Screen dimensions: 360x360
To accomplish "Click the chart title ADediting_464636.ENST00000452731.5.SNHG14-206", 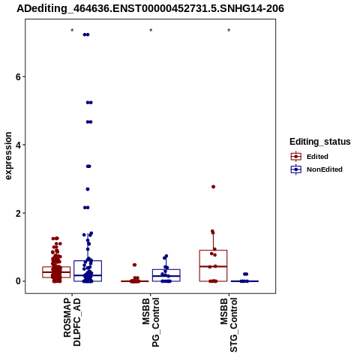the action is point(150,8).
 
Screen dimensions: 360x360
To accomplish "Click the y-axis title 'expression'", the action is point(8,156).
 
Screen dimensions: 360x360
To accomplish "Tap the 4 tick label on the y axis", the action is point(18,145).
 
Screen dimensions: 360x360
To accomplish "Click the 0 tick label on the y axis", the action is point(18,281).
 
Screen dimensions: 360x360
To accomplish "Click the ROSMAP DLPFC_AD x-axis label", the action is point(72,322).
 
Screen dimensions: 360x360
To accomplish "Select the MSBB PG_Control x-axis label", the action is point(151,322).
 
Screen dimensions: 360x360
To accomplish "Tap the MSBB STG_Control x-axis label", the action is point(229,325).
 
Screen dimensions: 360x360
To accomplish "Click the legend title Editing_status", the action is point(320,142).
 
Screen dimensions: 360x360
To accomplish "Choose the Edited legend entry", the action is point(309,157).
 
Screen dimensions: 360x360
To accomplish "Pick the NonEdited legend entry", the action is point(316,169).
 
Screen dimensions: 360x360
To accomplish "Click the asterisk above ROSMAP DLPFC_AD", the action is point(72,31).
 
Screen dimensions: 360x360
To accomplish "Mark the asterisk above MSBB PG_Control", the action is point(151,31).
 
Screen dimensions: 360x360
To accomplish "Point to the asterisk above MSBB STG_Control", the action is point(229,31).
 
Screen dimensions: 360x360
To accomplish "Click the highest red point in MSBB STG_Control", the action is point(213,187).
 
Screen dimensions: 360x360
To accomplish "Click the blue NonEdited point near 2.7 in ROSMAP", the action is point(88,189).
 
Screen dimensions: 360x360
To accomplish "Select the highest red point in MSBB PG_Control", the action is point(134,265).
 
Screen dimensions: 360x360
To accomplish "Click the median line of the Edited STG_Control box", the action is point(213,266).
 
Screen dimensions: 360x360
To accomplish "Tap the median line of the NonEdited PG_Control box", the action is point(166,276).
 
